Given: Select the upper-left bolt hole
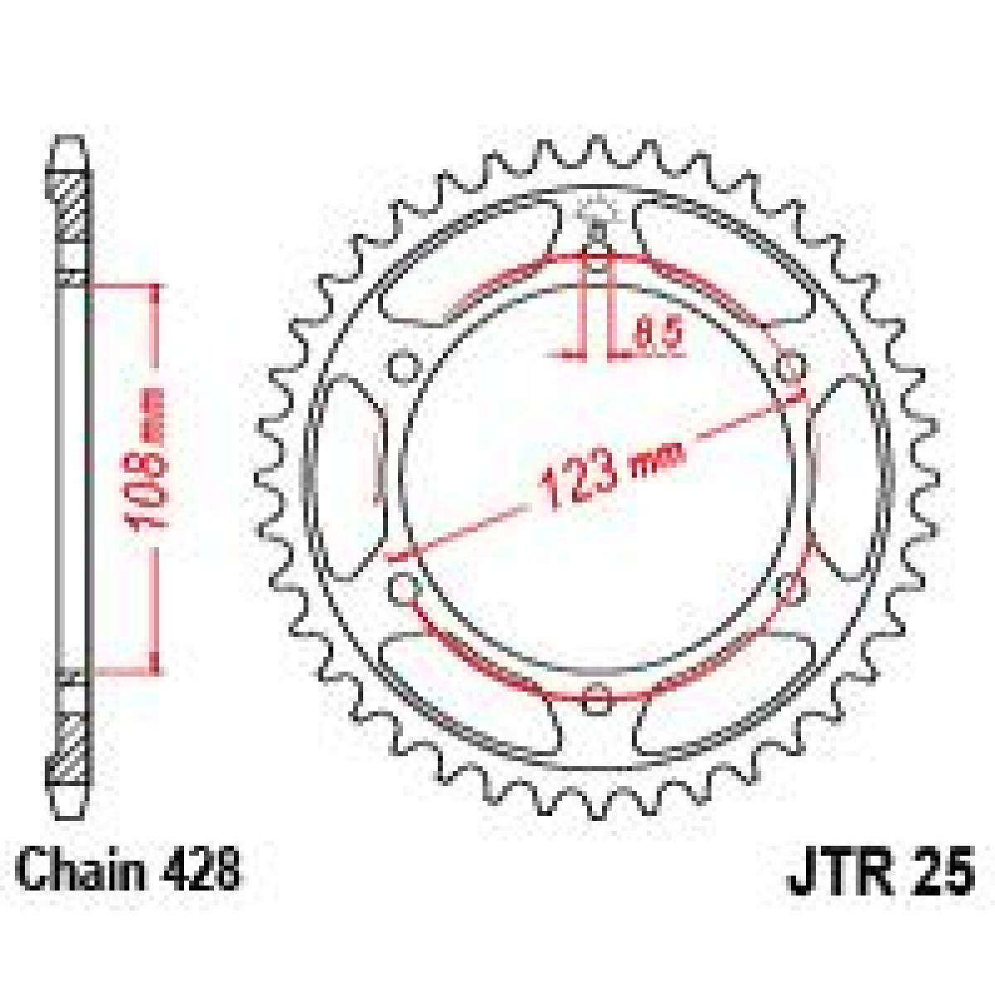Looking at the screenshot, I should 404,367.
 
